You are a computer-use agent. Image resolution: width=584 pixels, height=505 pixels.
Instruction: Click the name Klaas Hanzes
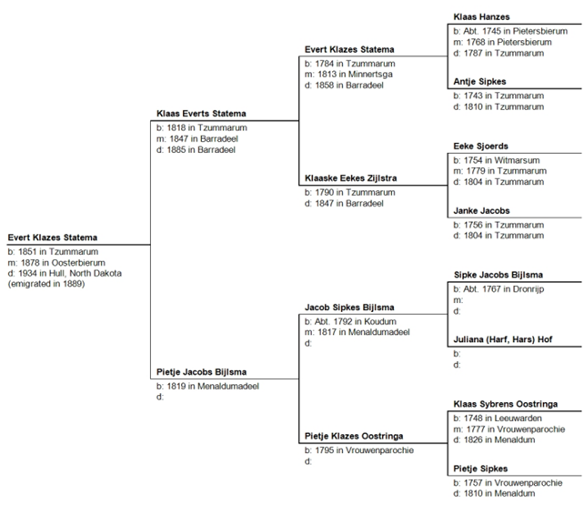click(x=481, y=16)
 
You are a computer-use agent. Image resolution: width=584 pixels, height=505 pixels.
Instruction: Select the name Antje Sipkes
click(x=479, y=82)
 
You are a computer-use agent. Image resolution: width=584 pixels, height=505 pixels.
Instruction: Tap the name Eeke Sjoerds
click(x=480, y=146)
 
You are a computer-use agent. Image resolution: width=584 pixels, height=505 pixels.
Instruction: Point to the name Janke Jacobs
click(x=481, y=211)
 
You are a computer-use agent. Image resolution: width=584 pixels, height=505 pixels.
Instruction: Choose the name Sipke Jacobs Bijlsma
click(x=498, y=275)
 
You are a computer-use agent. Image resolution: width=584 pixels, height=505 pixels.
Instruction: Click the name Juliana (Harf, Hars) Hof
click(x=502, y=339)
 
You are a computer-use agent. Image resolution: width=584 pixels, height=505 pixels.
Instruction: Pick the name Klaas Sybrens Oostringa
click(x=505, y=404)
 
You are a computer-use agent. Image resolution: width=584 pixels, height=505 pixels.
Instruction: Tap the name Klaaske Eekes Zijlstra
click(x=350, y=178)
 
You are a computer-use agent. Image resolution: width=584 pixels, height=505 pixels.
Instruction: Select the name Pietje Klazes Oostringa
click(x=354, y=436)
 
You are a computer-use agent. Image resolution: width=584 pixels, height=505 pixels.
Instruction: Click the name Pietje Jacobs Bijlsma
click(x=201, y=372)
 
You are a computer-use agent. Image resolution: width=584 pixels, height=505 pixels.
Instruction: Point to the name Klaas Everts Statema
click(x=201, y=114)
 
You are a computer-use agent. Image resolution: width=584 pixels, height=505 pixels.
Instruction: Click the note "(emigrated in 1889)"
click(x=46, y=284)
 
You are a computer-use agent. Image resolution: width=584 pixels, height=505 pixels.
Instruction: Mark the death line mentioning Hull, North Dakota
click(x=65, y=273)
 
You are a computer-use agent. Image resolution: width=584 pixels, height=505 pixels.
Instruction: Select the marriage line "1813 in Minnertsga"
click(x=348, y=74)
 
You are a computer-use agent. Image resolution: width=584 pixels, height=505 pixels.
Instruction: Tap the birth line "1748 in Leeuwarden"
click(x=498, y=419)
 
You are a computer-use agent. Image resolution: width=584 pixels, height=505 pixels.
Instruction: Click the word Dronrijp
click(x=529, y=289)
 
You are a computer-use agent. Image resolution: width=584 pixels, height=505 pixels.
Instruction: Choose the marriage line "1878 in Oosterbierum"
click(x=56, y=263)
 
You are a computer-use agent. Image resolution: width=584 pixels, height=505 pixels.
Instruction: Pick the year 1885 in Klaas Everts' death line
click(x=176, y=150)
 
